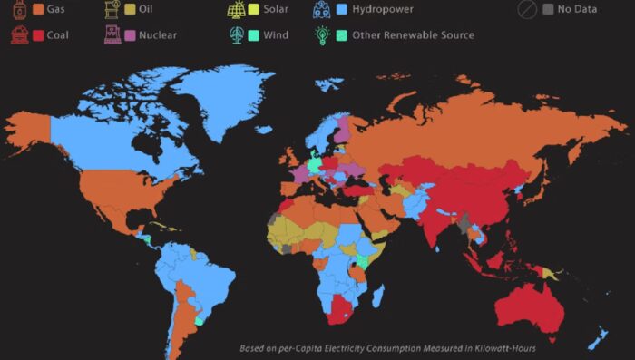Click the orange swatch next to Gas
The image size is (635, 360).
39,10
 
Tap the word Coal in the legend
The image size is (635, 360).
57,35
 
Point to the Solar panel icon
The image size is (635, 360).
235,10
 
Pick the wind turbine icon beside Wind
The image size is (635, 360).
235,34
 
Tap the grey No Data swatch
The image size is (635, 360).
548,10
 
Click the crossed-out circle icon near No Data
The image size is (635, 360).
525,10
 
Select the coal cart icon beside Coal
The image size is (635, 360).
18,35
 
